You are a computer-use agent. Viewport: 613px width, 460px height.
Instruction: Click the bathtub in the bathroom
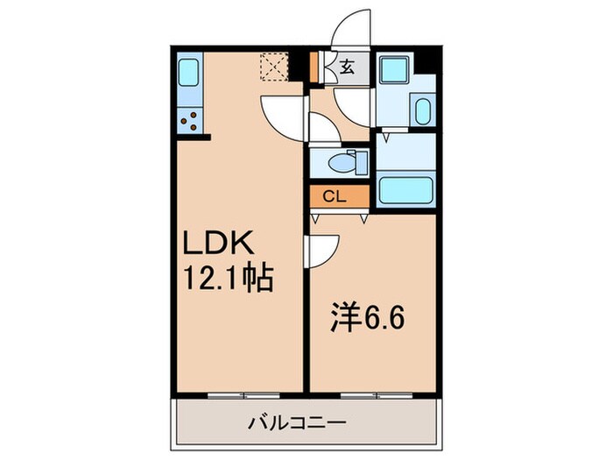coord(407,190)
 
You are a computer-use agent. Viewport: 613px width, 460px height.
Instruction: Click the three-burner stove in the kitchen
coord(190,120)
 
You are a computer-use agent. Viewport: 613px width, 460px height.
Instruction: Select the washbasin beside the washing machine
coord(421,111)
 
